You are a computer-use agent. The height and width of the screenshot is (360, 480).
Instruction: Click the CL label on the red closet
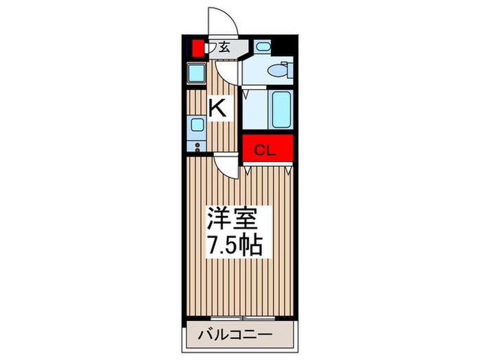[266, 150]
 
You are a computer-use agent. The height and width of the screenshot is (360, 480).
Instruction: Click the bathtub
[281, 108]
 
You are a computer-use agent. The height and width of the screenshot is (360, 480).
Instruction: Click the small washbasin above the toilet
[263, 47]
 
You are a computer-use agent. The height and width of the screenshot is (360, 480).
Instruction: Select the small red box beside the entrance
[198, 48]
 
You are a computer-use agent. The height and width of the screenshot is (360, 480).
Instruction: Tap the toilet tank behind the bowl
[288, 69]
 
